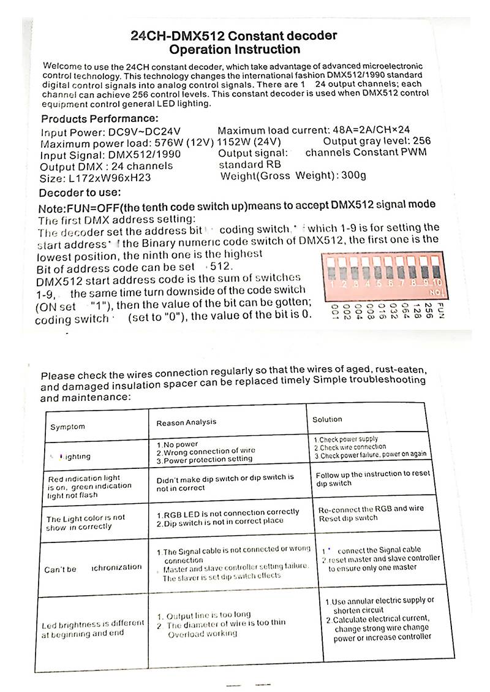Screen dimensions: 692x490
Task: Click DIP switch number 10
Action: (436, 272)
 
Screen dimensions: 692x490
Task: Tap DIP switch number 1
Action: (331, 272)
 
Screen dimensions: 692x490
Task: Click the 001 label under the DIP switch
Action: (334, 311)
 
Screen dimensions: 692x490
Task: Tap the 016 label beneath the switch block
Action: (381, 311)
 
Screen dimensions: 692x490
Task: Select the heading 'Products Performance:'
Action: (99, 118)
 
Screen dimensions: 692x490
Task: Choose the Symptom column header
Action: (67, 427)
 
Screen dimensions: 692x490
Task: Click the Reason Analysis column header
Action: (186, 423)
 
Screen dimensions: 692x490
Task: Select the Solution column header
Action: (327, 419)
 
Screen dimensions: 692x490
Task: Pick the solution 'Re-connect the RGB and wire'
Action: (371, 509)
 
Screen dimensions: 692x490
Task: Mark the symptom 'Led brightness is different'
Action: (93, 625)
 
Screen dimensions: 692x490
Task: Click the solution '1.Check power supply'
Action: (346, 439)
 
